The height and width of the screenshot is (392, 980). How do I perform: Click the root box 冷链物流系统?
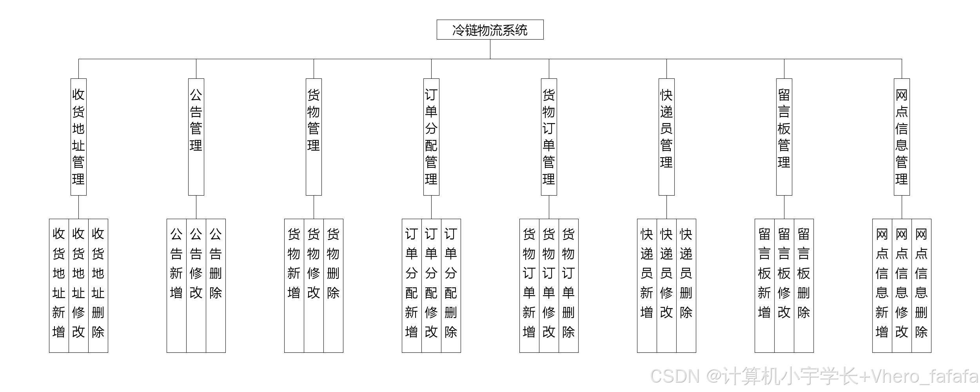point(490,30)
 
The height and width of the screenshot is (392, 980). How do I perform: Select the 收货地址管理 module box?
point(78,137)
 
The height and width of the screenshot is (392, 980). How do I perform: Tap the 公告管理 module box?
point(196,137)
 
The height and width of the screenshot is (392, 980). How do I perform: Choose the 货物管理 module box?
point(314,137)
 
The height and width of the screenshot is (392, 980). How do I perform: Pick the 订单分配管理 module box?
point(431,137)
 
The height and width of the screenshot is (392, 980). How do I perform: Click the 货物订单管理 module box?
point(549,137)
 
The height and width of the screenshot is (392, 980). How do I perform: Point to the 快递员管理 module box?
point(666,137)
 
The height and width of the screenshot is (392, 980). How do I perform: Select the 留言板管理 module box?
point(784,137)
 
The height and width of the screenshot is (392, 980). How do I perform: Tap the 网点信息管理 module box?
point(902,137)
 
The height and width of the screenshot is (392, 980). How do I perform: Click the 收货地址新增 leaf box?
point(59,285)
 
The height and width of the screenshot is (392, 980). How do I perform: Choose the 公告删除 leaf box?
point(216,285)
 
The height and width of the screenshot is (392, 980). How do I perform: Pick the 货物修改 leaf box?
point(314,285)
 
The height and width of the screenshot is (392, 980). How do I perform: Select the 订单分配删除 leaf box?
point(451,285)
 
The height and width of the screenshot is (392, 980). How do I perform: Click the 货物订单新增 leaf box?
point(529,285)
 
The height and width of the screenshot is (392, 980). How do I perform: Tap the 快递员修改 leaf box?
point(666,285)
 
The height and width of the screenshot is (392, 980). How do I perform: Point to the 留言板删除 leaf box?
point(804,285)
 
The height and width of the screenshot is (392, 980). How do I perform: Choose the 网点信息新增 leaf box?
point(882,285)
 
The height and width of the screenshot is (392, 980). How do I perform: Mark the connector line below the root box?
point(490,49)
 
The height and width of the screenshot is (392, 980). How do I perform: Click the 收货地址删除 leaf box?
point(98,285)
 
